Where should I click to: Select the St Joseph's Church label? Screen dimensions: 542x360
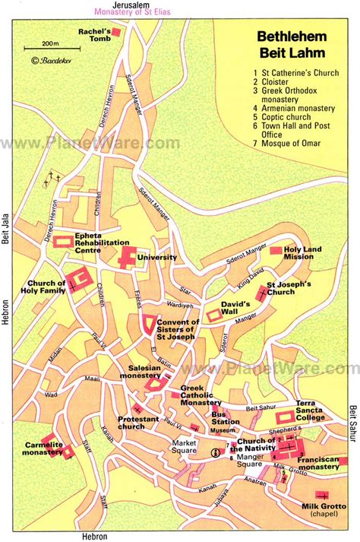[293, 288]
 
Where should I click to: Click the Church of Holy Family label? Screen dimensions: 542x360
[33, 287]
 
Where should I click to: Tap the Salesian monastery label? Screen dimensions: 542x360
[137, 372]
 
